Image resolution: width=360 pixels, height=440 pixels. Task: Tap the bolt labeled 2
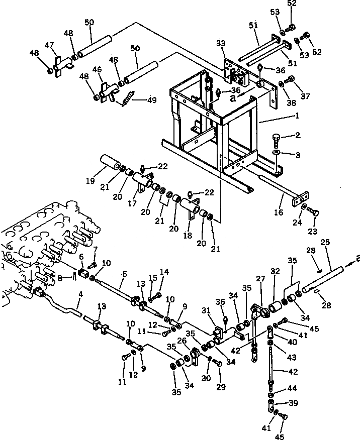click(x=278, y=138)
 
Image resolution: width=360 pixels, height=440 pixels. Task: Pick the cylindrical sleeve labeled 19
click(x=111, y=164)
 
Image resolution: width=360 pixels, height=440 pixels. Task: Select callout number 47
click(x=49, y=45)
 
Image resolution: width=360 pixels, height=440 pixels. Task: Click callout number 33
click(x=221, y=44)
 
